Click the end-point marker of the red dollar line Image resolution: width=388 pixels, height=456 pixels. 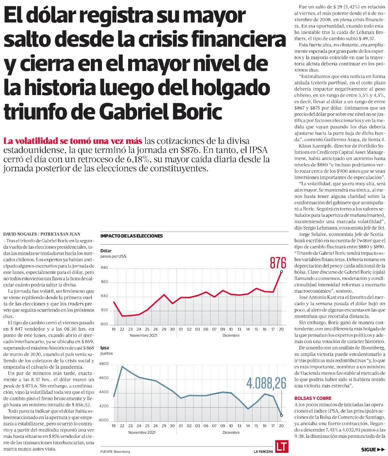click(281, 271)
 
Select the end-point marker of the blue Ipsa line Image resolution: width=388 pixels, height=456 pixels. click(281, 415)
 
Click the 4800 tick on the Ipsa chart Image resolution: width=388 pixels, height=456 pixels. click(105, 364)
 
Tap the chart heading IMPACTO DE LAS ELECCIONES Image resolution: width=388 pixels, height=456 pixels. click(131, 236)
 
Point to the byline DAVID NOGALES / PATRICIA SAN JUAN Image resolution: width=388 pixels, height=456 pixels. click(41, 234)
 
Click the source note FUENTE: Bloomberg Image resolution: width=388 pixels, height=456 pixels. click(115, 452)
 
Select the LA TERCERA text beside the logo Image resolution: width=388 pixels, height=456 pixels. click(263, 452)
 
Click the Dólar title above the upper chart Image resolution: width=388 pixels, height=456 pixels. click(106, 251)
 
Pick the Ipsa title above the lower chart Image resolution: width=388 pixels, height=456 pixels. click(105, 348)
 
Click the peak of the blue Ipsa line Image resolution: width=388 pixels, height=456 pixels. click(122, 366)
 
